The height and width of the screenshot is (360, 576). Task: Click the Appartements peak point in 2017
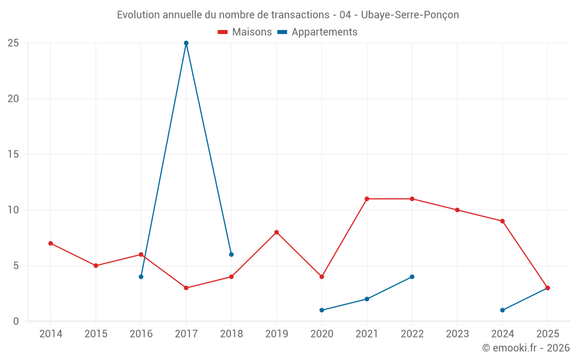[x=186, y=43]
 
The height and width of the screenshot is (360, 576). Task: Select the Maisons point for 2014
[x=51, y=243]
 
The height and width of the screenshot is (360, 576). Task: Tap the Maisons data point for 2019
[x=276, y=232]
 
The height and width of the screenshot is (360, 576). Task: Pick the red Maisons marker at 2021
[x=367, y=199]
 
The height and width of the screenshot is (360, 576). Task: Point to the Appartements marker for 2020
[x=321, y=310]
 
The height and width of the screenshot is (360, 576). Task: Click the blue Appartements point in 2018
[x=231, y=255]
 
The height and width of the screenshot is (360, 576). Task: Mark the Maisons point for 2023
[x=457, y=210]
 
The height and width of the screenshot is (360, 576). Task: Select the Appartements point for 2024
[x=502, y=310]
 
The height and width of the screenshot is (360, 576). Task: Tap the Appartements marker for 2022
[x=412, y=276]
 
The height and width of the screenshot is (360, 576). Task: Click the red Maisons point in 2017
[x=186, y=288]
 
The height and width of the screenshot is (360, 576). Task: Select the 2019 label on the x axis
[x=276, y=334]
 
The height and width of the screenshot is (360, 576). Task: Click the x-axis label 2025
[x=548, y=334]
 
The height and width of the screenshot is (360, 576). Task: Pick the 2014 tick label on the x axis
[x=51, y=334]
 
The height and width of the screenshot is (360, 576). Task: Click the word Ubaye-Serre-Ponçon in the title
[x=410, y=14]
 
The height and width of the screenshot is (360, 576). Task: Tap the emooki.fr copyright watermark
[x=526, y=348]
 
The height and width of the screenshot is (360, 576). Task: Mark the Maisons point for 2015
[x=96, y=266]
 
